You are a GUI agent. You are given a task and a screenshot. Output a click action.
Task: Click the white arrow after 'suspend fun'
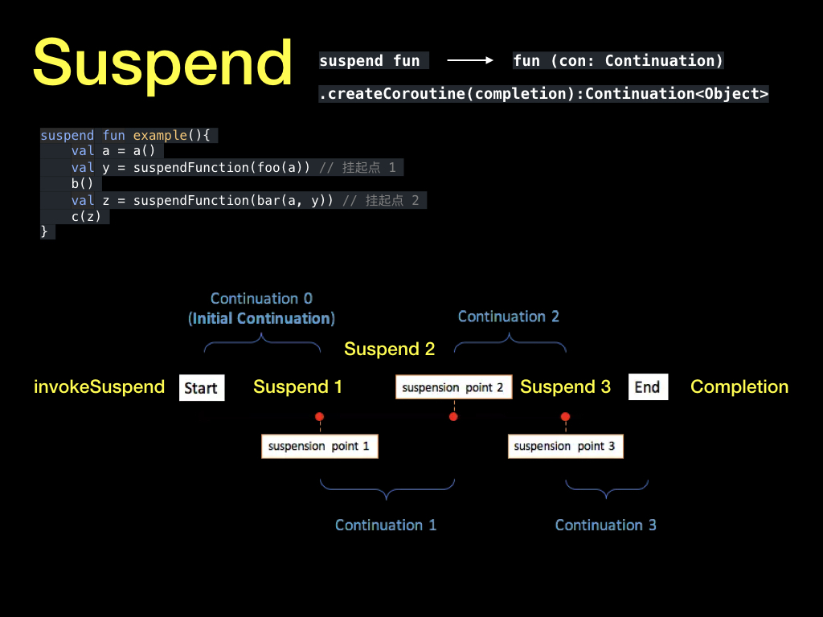469,60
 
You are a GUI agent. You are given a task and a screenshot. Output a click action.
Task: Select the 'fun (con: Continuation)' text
618,60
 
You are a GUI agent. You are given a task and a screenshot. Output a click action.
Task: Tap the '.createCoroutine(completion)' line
543,94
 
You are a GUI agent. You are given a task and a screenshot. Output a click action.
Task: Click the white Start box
201,388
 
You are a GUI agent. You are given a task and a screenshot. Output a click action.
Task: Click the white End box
647,387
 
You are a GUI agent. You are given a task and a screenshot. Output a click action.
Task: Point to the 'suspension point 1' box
319,446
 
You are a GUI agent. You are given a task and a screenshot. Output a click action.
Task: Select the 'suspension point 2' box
453,387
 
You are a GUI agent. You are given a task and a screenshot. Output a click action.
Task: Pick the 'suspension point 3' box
565,446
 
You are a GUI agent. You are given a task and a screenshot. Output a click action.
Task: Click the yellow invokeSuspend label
99,387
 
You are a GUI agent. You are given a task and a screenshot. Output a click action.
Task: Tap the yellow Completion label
739,387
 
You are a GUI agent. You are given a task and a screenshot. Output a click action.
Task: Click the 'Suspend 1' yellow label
297,387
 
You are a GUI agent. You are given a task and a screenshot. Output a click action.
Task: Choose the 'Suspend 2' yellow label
389,349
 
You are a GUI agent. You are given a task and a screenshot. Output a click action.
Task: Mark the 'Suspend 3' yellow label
565,387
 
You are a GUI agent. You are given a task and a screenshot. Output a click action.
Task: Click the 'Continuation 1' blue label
386,525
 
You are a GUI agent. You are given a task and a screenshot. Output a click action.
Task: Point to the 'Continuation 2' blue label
508,317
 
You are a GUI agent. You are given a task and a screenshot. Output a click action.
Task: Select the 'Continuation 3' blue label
605,525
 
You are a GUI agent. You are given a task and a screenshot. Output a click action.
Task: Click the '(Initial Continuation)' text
261,319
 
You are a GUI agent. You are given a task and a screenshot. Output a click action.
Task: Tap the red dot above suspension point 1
319,417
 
